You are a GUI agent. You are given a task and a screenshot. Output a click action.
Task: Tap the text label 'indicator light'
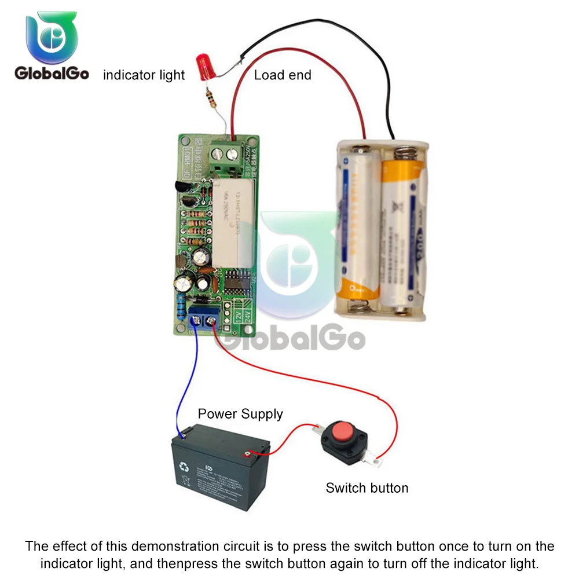144,75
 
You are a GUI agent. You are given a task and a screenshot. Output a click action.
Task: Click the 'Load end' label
283,75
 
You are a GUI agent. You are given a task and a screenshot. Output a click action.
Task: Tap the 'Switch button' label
367,488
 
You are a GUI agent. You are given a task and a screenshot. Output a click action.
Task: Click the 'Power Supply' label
240,414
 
